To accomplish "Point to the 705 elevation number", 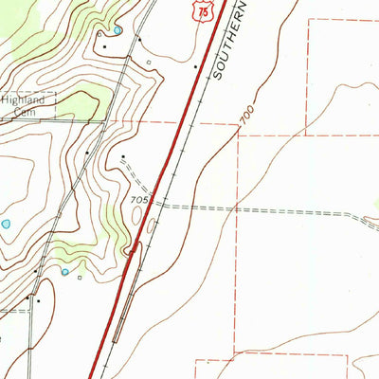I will (x=140, y=200).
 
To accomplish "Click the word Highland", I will (x=22, y=99).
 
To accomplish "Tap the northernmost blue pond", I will (x=117, y=30).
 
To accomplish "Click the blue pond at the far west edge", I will (x=6, y=225).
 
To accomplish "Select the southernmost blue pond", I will (x=65, y=272).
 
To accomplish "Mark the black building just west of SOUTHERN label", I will (x=195, y=67).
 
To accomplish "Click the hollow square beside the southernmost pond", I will (x=79, y=278).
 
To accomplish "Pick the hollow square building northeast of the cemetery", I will (x=149, y=63).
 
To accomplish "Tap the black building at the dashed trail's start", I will (x=123, y=156).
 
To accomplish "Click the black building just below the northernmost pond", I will (x=102, y=45).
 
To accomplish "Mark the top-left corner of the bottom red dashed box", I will (x=196, y=359).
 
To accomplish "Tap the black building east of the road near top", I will (x=138, y=41).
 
